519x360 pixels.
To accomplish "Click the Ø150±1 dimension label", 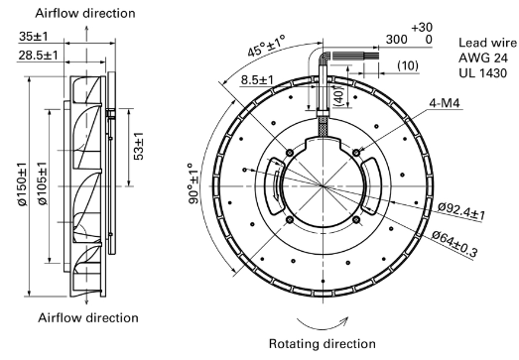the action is (23, 184).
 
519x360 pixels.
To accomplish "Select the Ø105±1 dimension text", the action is (43, 184).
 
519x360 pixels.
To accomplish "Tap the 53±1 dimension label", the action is (139, 146).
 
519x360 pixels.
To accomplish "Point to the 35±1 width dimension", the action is (34, 36).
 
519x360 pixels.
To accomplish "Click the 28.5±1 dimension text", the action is (38, 55).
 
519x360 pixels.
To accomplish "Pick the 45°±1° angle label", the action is (267, 46).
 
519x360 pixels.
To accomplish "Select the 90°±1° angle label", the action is (194, 183).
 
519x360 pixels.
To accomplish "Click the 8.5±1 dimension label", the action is (257, 79).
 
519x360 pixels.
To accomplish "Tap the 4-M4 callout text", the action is (445, 103).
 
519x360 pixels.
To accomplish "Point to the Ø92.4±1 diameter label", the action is (461, 211).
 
